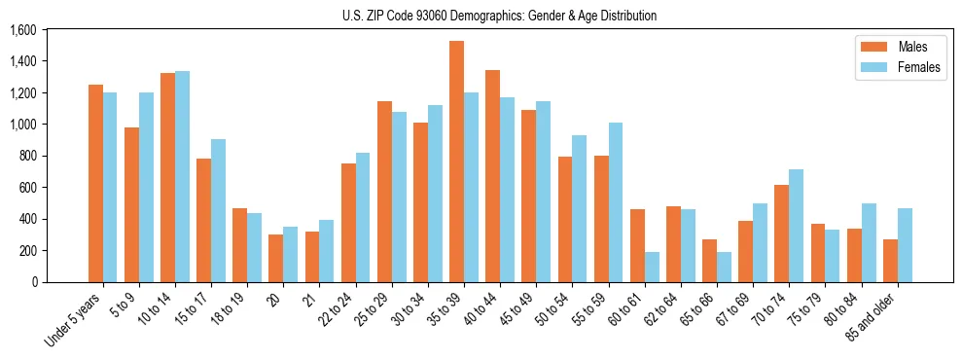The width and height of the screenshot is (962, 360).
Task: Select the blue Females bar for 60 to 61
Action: coord(652,267)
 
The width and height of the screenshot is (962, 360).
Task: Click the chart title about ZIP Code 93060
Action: coord(499,16)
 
